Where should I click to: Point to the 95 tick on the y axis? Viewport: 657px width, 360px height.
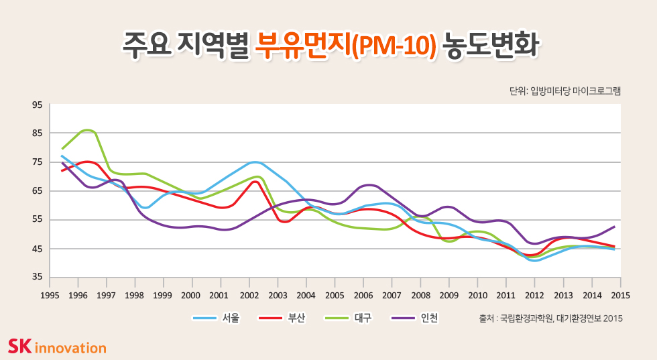(x=37, y=105)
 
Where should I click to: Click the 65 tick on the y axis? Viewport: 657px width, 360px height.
(x=37, y=191)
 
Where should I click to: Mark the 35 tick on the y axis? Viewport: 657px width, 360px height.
(x=37, y=277)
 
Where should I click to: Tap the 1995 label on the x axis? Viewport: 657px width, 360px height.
(x=50, y=294)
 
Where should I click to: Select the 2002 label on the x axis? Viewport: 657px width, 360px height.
(x=249, y=294)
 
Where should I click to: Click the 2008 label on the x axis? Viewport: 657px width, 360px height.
(x=420, y=294)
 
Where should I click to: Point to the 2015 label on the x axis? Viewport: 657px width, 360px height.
(x=620, y=294)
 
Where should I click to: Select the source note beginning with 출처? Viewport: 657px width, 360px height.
(x=550, y=318)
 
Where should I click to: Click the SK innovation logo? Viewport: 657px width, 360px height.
(x=57, y=347)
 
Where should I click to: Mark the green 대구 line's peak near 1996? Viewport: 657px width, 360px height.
(x=87, y=130)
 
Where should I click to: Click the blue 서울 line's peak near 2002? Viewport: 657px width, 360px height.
(x=254, y=162)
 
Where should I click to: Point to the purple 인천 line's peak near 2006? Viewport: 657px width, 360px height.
(x=369, y=184)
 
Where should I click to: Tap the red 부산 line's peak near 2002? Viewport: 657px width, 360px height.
(x=255, y=182)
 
